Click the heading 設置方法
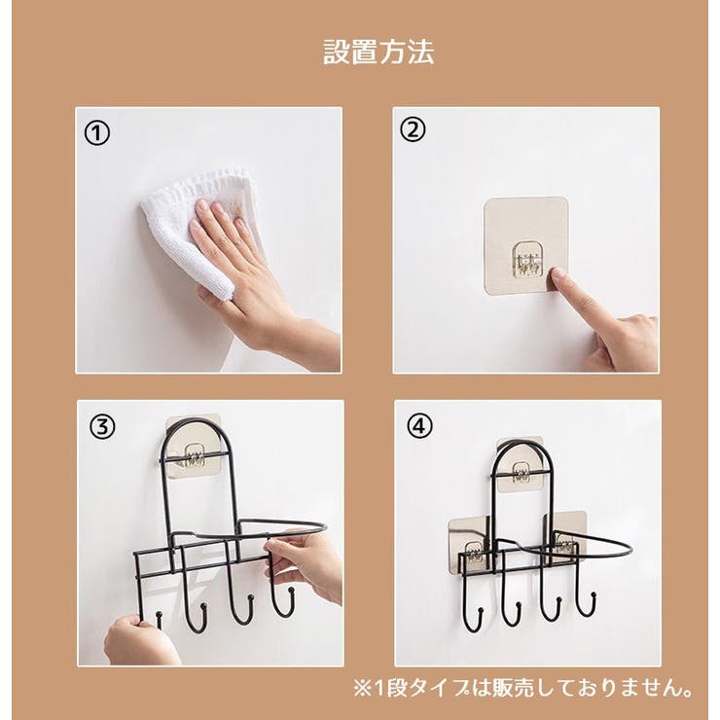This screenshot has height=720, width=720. click(x=378, y=52)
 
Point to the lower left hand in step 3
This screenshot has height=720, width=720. click(x=141, y=639)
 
